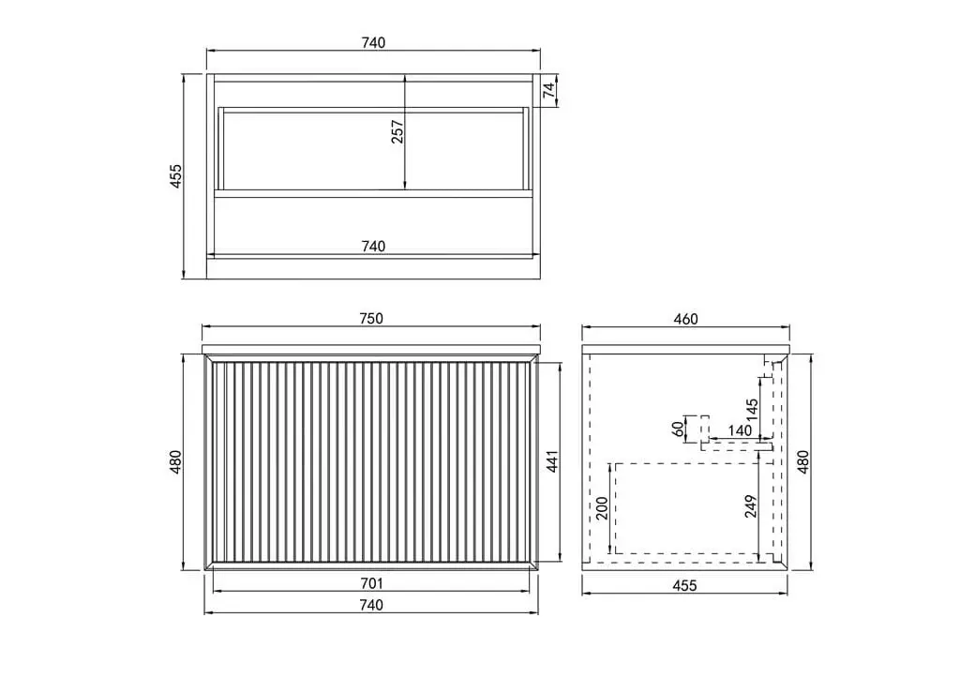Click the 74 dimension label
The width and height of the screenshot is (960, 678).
(x=549, y=90)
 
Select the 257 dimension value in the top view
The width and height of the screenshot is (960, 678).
(x=397, y=131)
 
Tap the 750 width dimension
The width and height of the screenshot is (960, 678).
(x=371, y=319)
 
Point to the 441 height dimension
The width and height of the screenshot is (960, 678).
(x=552, y=461)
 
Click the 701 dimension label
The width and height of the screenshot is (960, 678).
(x=371, y=583)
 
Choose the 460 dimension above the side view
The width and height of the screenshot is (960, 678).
(x=685, y=319)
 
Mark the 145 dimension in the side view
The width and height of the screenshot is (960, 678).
(x=753, y=409)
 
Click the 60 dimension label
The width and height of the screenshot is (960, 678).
(x=678, y=429)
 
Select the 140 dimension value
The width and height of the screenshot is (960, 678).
(x=740, y=430)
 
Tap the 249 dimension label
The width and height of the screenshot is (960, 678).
(x=751, y=505)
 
